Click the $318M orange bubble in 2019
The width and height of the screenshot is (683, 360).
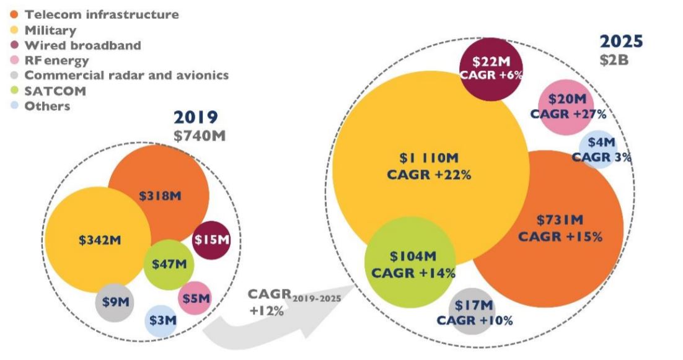[160, 196]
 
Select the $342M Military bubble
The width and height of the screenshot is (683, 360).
[99, 240]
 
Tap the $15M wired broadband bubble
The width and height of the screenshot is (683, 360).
[212, 239]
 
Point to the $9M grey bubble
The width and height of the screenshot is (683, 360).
[114, 303]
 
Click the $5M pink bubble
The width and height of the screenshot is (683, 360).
[195, 298]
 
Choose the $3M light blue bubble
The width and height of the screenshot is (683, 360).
[162, 321]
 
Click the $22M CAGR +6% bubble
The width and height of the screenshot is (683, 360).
[491, 68]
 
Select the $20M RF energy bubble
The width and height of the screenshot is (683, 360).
[566, 107]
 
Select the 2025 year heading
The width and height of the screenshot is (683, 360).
[621, 42]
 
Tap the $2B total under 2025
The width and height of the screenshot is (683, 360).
[613, 60]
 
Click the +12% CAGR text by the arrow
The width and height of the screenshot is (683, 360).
[267, 310]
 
